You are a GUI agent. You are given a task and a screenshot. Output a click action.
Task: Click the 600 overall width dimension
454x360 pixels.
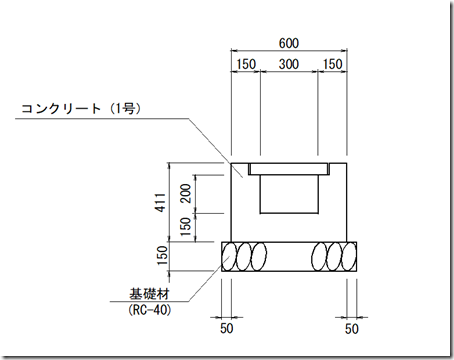tap(289, 43)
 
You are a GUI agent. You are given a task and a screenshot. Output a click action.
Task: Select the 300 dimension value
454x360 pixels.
tap(289, 64)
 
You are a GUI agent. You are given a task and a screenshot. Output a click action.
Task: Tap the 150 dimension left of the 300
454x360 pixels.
tap(245, 64)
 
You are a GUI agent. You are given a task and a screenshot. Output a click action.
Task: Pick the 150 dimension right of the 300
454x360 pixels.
tap(332, 64)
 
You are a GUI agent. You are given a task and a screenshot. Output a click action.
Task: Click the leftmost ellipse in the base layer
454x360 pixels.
tap(229, 256)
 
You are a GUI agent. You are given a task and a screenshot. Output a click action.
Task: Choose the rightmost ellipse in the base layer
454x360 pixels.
tap(349, 256)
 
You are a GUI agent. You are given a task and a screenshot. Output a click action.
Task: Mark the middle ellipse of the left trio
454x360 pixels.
tap(243, 256)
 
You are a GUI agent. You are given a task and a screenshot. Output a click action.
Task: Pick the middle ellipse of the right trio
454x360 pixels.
tap(334, 256)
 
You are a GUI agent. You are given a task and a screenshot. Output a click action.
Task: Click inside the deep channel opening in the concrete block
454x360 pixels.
tap(289, 195)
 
